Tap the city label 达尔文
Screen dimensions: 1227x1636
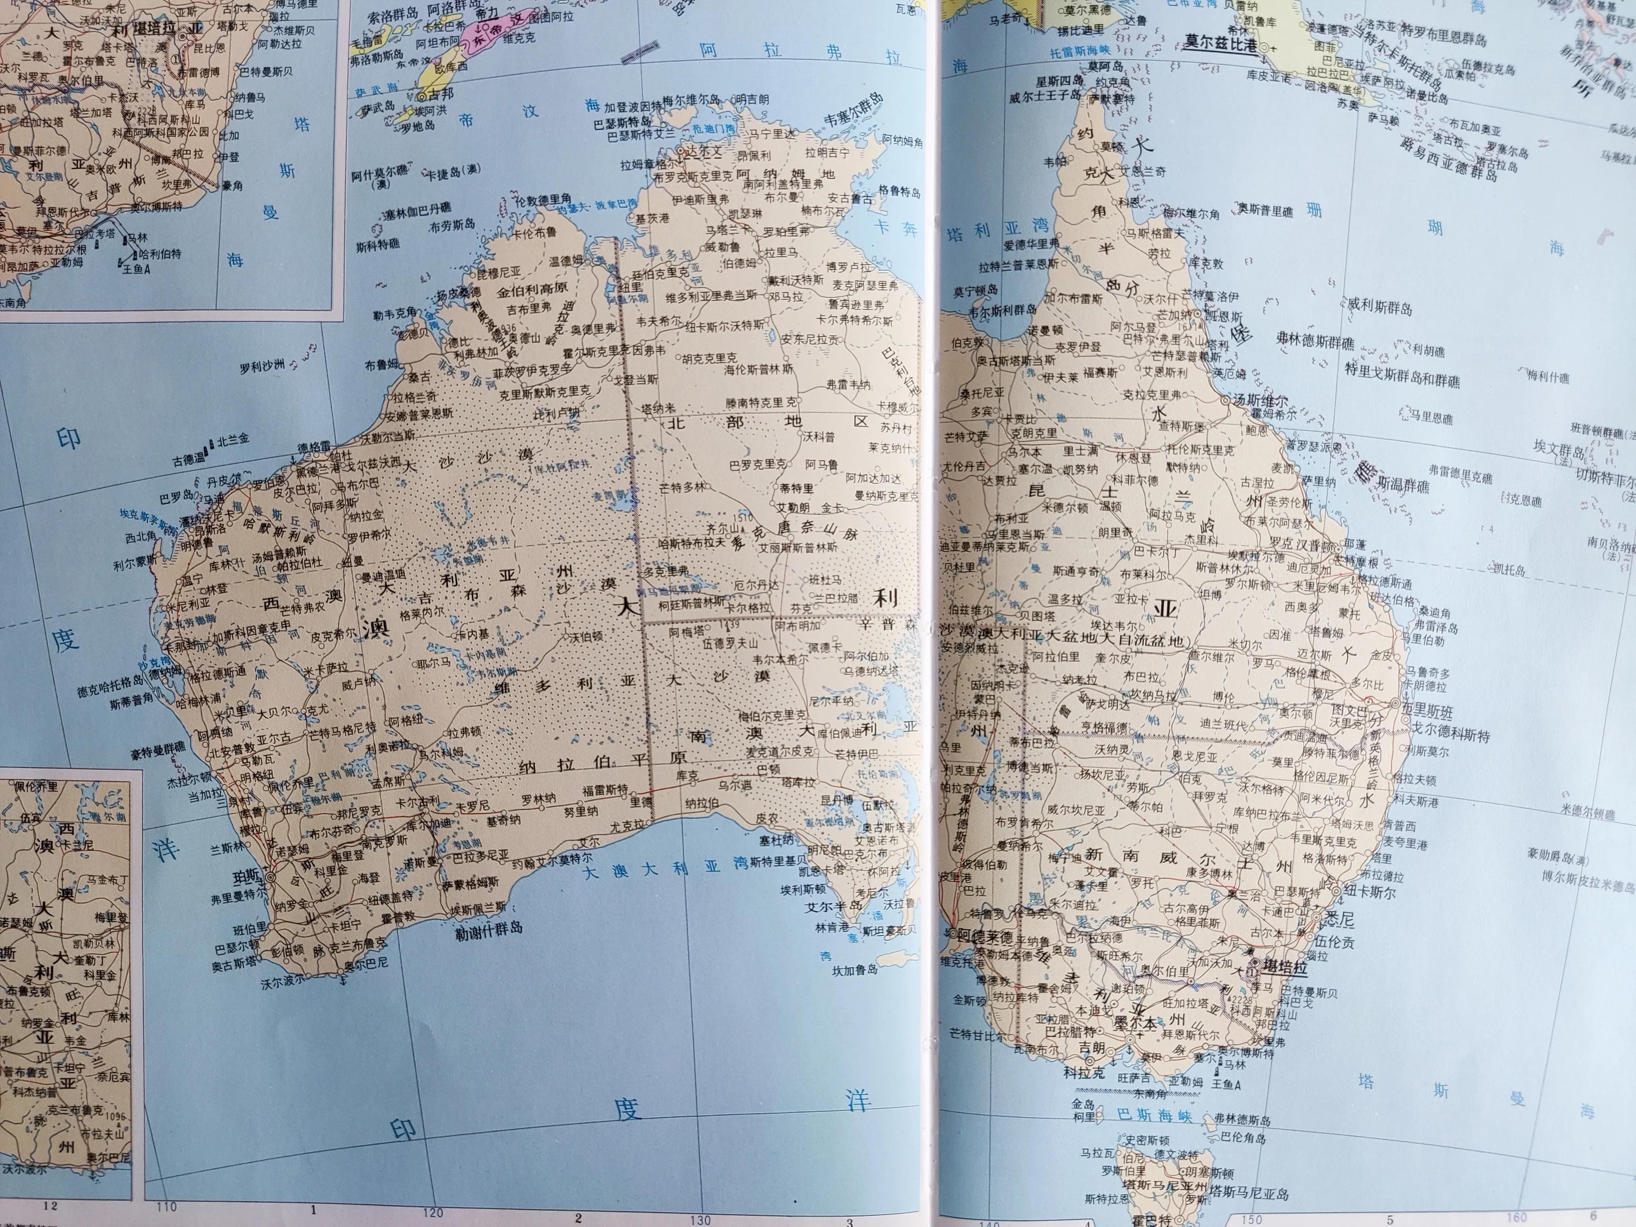pyautogui.click(x=700, y=151)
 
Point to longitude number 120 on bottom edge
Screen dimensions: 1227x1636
pyautogui.click(x=433, y=1211)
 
